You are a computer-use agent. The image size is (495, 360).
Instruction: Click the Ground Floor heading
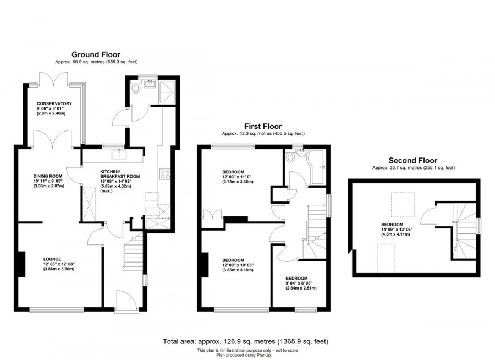96,54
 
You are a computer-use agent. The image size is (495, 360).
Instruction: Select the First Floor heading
263,126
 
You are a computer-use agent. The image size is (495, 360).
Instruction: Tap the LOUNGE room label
53,259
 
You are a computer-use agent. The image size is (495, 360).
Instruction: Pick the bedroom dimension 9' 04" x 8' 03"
301,283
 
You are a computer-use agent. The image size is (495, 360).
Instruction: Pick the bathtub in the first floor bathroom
318,166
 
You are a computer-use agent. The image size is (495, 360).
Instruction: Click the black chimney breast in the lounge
23,263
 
